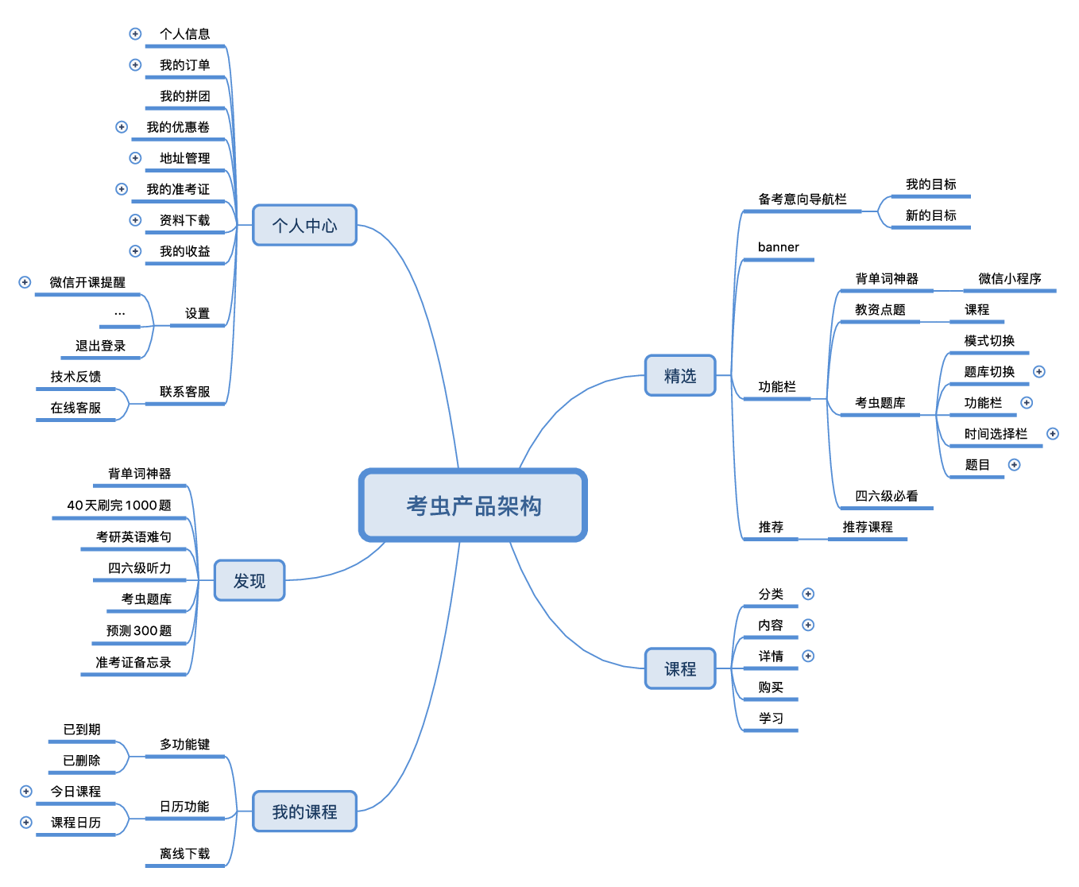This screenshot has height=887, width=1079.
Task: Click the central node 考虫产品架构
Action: tap(474, 505)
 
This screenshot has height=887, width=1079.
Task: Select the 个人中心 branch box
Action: tap(304, 226)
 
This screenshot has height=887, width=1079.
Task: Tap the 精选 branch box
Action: tap(680, 376)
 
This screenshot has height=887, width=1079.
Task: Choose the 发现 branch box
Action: tap(249, 581)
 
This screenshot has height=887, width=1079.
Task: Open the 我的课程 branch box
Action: tap(304, 811)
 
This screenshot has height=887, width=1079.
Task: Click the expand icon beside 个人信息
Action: tap(135, 34)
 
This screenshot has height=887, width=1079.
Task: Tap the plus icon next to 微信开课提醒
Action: tap(25, 282)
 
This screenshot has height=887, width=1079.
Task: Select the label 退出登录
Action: tap(100, 346)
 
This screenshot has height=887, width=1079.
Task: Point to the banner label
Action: tap(778, 247)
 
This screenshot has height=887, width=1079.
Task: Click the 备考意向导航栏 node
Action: tap(802, 199)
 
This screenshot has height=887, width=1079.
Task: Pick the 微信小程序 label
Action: tap(1009, 279)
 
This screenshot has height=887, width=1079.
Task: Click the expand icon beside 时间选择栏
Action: tap(1053, 434)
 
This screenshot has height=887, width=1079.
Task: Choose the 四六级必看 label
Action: tap(886, 496)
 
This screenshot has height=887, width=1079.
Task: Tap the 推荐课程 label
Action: tap(867, 527)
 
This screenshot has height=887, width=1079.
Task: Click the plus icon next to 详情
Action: tap(808, 656)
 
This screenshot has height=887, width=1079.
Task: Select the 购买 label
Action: tap(770, 688)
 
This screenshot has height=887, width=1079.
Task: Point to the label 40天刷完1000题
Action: tap(119, 505)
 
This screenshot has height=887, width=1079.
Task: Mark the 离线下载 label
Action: tap(184, 854)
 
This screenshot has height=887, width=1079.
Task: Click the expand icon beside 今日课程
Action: tap(26, 792)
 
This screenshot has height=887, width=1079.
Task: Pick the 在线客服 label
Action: tap(75, 408)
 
